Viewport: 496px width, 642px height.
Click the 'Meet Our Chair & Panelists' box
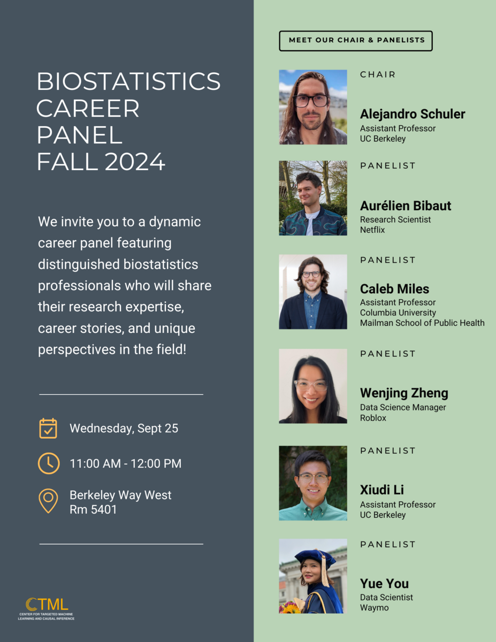tap(356, 41)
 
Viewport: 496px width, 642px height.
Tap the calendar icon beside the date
tap(48, 428)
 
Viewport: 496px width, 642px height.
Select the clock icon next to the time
tap(49, 463)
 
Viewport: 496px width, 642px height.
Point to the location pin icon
tap(48, 500)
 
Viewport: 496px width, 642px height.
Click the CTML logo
tap(47, 609)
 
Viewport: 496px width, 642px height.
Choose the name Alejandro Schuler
tap(413, 114)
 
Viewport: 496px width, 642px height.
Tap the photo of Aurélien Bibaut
tap(313, 198)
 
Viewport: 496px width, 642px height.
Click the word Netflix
tap(372, 230)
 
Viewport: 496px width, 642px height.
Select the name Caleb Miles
tap(394, 289)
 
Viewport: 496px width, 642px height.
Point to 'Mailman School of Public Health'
tap(422, 323)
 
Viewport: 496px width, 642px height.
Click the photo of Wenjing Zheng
tap(313, 386)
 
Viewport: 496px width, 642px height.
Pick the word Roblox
tap(373, 418)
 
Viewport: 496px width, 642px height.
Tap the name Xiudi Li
tap(381, 490)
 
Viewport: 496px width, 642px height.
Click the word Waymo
tap(374, 608)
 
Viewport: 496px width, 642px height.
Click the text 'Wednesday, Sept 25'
tap(124, 429)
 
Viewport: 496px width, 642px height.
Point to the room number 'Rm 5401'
tap(93, 510)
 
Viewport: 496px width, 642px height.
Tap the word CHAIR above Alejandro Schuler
tap(377, 74)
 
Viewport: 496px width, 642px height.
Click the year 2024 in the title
tap(135, 162)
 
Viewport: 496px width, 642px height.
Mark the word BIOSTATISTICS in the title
tap(128, 81)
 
